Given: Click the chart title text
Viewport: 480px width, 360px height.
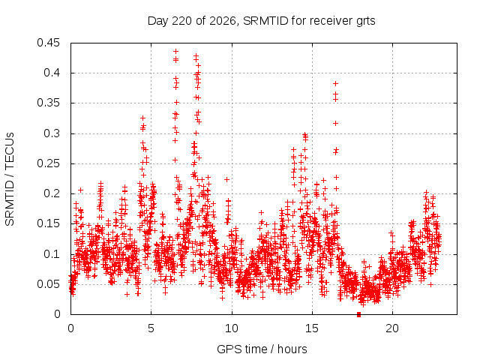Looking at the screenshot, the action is pyautogui.click(x=261, y=21).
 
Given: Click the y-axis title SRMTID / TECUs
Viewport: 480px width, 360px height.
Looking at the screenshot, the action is pyautogui.click(x=10, y=179).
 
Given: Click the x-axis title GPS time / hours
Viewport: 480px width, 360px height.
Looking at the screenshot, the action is pyautogui.click(x=262, y=349).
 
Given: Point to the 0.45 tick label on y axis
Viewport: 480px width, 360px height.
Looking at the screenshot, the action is pyautogui.click(x=48, y=43).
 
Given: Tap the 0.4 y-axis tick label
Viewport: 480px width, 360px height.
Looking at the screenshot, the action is pyautogui.click(x=52, y=73).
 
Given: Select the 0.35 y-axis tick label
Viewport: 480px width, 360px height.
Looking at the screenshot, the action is pyautogui.click(x=48, y=103).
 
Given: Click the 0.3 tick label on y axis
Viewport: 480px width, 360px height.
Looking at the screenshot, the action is pyautogui.click(x=52, y=133).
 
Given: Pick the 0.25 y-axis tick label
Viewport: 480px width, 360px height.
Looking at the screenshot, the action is pyautogui.click(x=48, y=163).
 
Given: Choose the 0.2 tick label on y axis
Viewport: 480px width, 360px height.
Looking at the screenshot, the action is pyautogui.click(x=52, y=193).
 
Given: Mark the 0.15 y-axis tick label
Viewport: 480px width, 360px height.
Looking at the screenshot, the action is pyautogui.click(x=48, y=223).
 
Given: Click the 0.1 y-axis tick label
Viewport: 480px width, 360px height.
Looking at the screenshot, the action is pyautogui.click(x=52, y=254).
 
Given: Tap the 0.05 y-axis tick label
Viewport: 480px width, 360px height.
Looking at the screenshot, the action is pyautogui.click(x=48, y=284).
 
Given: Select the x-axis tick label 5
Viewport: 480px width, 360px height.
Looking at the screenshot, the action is pyautogui.click(x=151, y=328).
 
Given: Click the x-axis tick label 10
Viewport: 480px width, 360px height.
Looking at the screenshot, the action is pyautogui.click(x=232, y=328).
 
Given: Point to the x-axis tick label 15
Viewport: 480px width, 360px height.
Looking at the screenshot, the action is pyautogui.click(x=312, y=328).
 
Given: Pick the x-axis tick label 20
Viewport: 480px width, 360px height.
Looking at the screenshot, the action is pyautogui.click(x=392, y=328).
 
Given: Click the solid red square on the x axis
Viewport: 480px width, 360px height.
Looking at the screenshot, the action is pyautogui.click(x=358, y=315).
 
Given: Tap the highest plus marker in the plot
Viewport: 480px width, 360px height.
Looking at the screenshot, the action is pyautogui.click(x=175, y=52).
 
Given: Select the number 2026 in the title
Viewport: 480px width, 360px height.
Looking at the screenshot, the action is pyautogui.click(x=223, y=21).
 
